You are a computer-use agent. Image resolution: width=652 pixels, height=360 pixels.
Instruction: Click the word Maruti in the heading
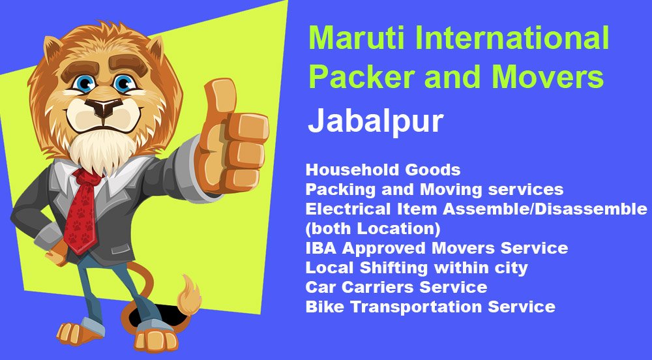click(357, 38)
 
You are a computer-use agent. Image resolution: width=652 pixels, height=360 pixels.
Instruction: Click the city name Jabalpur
click(376, 121)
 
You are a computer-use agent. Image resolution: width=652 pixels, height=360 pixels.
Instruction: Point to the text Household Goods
click(383, 170)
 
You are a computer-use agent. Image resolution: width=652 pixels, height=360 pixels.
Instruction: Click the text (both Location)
click(372, 229)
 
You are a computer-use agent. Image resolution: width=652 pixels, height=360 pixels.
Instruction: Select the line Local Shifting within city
click(417, 268)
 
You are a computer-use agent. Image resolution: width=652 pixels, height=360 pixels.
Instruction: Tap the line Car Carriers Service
click(396, 287)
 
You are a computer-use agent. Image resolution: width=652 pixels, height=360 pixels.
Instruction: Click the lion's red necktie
click(81, 211)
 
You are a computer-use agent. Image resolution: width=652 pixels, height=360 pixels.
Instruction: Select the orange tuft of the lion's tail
click(188, 295)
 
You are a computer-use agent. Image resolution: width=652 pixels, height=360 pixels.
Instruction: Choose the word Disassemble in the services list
click(591, 209)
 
